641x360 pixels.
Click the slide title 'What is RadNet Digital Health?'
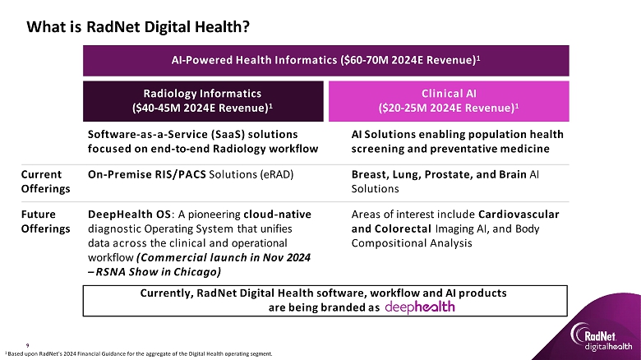point(138,27)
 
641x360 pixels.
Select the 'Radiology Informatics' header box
point(203,101)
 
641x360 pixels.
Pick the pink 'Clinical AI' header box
point(449,101)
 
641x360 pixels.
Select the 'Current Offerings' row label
point(45,182)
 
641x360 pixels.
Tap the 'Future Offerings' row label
point(45,221)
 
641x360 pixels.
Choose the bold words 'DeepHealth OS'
point(130,215)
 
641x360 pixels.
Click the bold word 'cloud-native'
point(277,215)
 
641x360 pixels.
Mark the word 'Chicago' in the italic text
point(197,272)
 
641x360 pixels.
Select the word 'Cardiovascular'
point(519,215)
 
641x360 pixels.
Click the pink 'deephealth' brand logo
point(420,307)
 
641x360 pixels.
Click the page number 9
point(28,346)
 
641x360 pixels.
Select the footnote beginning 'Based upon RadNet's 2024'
point(139,354)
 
